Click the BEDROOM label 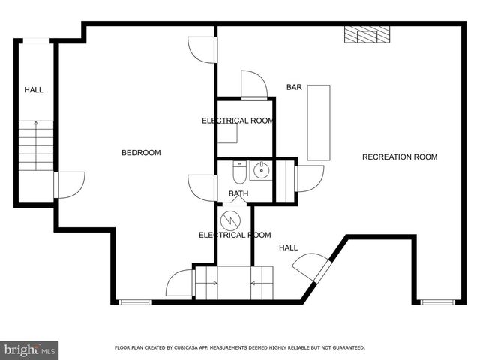pos(141,153)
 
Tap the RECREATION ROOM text pos(399,157)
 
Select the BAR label pos(294,88)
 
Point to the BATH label pos(238,195)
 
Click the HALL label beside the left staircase pos(34,90)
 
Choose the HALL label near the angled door pos(289,248)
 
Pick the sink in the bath pos(259,171)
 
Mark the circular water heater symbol pos(229,222)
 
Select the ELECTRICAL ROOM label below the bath pos(234,235)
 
